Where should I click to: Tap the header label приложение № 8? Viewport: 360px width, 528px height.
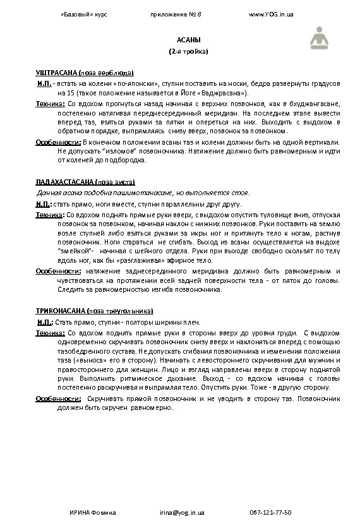(x=175, y=13)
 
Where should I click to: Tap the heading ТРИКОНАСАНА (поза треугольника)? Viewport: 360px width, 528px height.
(x=93, y=311)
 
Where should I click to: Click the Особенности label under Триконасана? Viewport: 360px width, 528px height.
(x=57, y=399)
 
